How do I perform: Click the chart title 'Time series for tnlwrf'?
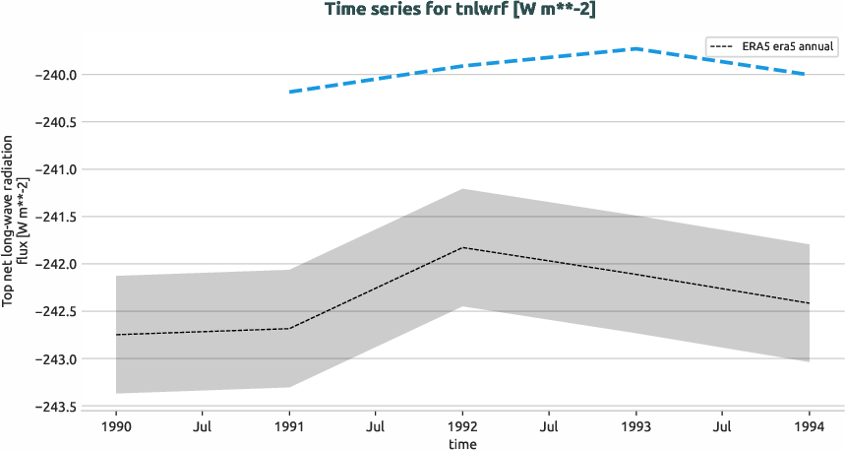pos(422,9)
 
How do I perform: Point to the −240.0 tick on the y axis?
pos(57,75)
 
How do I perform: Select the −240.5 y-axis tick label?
pos(57,122)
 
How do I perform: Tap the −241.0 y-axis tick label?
pos(57,169)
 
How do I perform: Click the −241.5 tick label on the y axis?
pos(57,217)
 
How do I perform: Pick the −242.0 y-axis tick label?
pos(57,264)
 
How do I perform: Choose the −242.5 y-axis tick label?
pos(57,311)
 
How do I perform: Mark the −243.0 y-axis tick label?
pos(57,358)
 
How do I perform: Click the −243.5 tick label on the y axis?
pos(57,407)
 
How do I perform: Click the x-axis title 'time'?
pos(462,443)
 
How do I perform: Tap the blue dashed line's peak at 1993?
pos(636,48)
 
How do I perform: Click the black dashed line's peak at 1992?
pos(462,247)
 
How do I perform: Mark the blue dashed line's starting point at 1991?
pos(289,92)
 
